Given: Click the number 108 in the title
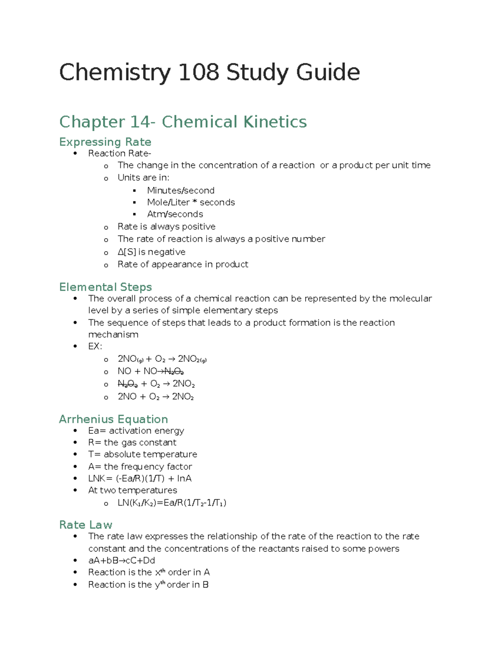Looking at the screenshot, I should [x=199, y=72].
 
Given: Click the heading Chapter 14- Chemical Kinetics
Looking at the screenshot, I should [x=183, y=122].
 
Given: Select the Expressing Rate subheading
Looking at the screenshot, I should [x=105, y=142].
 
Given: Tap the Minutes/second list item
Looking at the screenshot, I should [x=180, y=191].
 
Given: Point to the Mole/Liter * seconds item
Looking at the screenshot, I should [x=191, y=202].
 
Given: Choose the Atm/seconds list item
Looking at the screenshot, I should [x=175, y=214].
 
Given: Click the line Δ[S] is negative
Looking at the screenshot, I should [x=151, y=252].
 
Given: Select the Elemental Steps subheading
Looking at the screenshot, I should [x=105, y=287].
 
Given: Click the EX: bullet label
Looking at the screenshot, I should [x=95, y=346].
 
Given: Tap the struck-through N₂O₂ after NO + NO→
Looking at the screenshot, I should [x=174, y=372].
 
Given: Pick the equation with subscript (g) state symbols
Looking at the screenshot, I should [x=162, y=359].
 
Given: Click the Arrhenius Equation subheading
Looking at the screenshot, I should [x=114, y=419].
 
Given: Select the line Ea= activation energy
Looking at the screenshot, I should [x=136, y=431].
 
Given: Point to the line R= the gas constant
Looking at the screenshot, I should [x=132, y=443].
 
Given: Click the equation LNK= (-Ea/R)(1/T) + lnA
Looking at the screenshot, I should [x=140, y=478].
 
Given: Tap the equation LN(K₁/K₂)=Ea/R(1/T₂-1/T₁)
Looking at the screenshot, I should [x=172, y=503].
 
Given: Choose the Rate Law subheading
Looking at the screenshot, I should [x=86, y=525].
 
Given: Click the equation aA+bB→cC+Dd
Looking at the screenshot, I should [x=121, y=560].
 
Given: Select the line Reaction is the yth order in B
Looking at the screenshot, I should [x=148, y=585].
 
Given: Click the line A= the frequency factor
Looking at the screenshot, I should [x=140, y=466].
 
